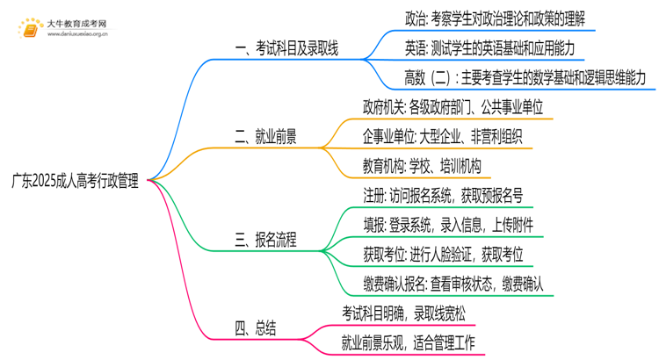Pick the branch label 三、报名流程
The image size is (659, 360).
[264, 239]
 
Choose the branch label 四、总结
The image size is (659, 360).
[256, 328]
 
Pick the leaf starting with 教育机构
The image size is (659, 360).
[424, 166]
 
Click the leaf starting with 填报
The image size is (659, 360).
[447, 225]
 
